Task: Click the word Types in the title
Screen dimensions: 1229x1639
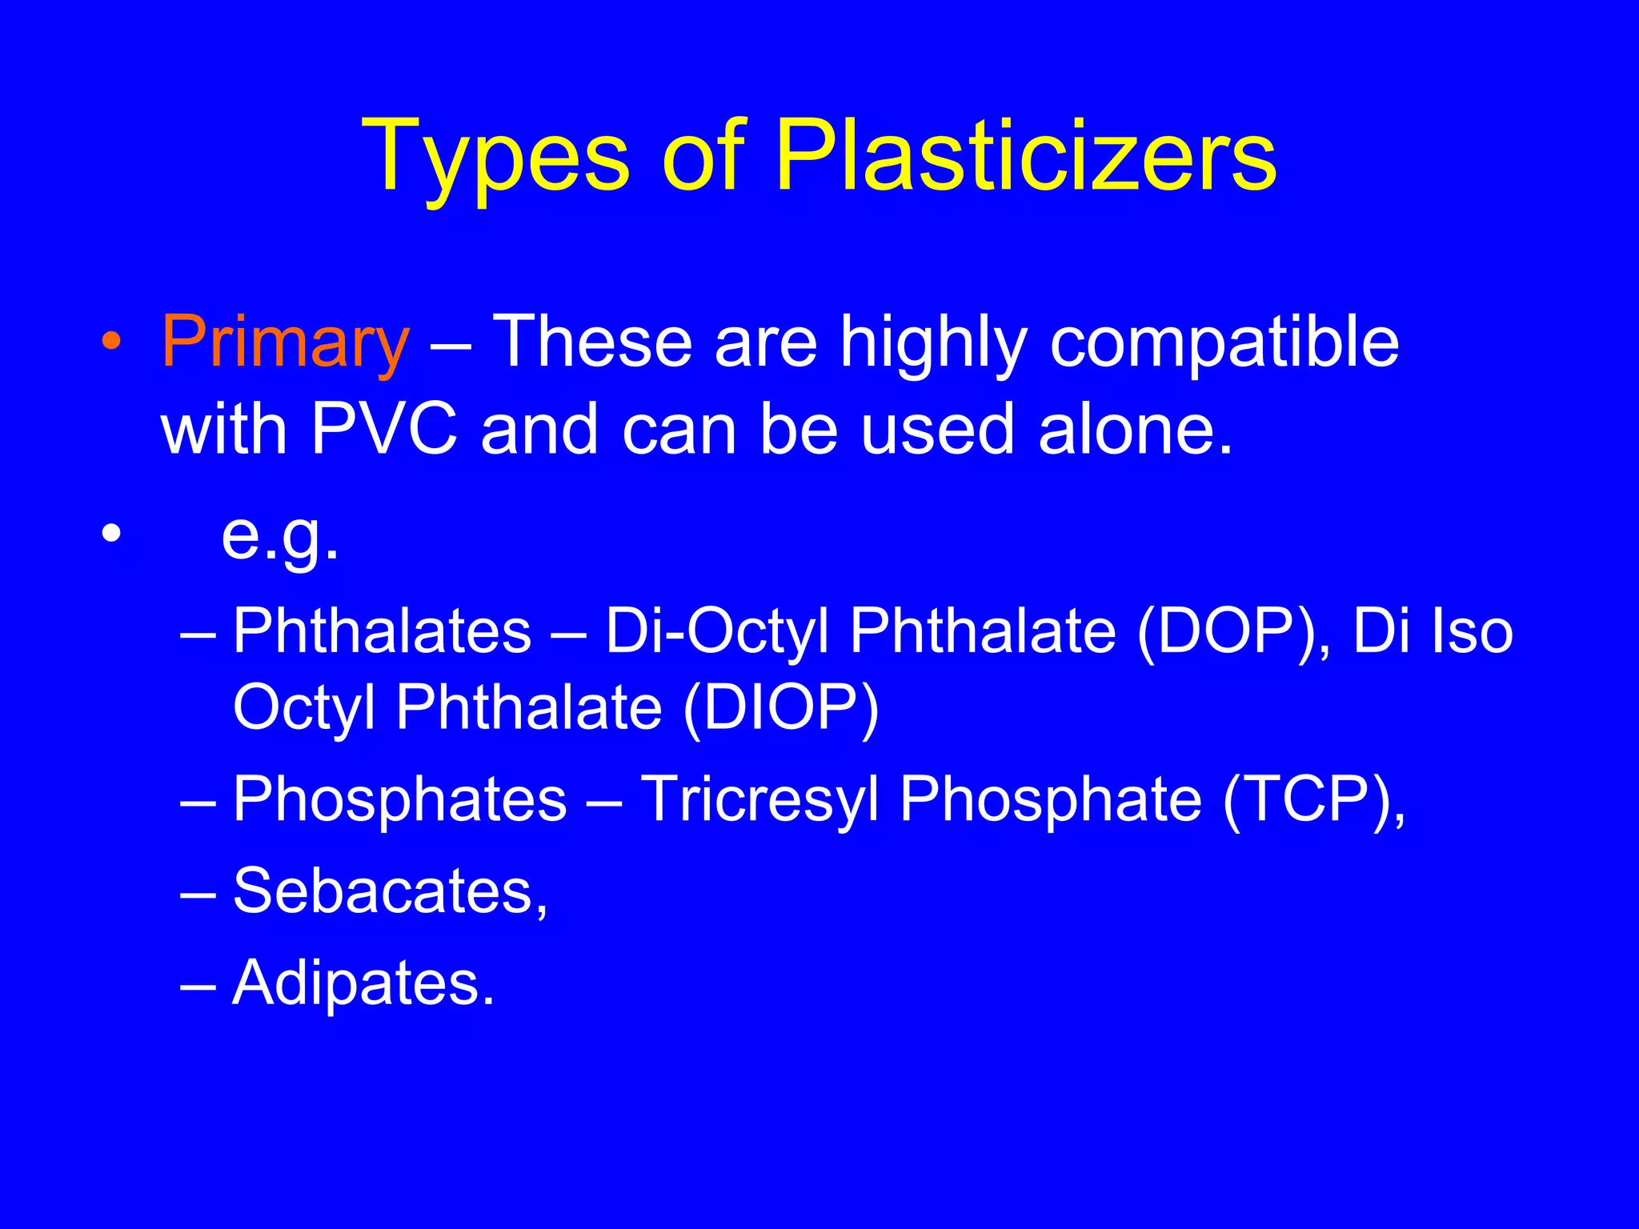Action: tap(495, 157)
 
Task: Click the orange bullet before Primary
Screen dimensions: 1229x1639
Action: tap(112, 343)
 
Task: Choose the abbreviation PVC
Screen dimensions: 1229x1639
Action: tap(385, 429)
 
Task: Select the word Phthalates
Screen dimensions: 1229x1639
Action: tap(383, 631)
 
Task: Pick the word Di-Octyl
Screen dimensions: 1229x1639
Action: tap(717, 631)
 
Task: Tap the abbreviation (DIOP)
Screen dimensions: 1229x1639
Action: tap(780, 707)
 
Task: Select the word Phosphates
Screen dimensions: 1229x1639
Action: tap(399, 799)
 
